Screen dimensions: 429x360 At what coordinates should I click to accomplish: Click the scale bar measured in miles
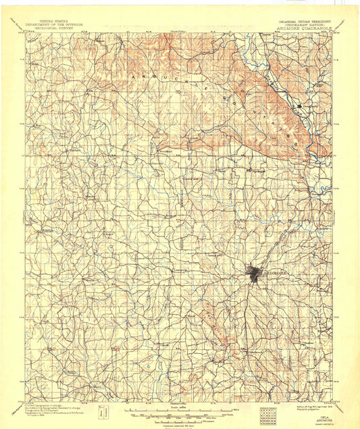[174, 409]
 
